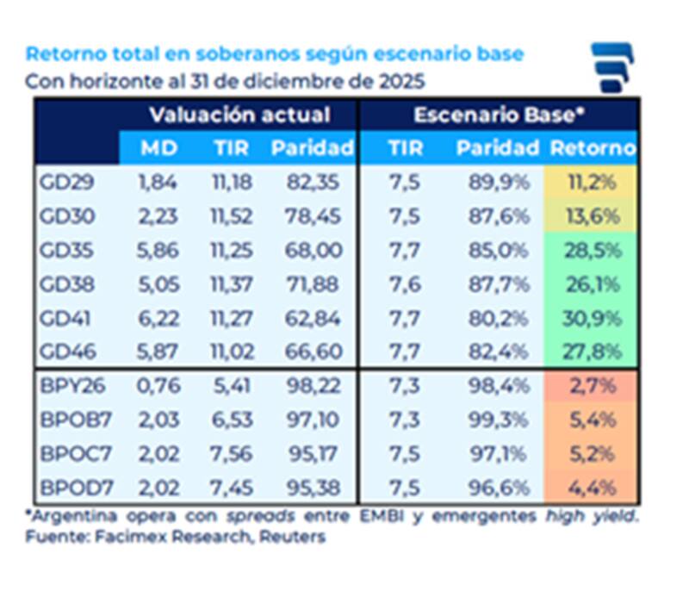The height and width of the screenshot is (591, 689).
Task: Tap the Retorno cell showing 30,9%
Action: pyautogui.click(x=591, y=318)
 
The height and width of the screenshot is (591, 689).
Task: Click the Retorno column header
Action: pyautogui.click(x=593, y=148)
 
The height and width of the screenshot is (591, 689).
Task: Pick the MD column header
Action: pyautogui.click(x=159, y=148)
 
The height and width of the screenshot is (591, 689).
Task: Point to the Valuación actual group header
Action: pyautogui.click(x=239, y=115)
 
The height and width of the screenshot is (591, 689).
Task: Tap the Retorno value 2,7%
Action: pyautogui.click(x=593, y=386)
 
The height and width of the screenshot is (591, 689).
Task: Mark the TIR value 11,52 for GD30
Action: pyautogui.click(x=231, y=217)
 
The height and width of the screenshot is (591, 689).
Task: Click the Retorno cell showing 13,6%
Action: pyautogui.click(x=591, y=217)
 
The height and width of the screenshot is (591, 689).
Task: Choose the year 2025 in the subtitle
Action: pyautogui.click(x=400, y=83)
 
